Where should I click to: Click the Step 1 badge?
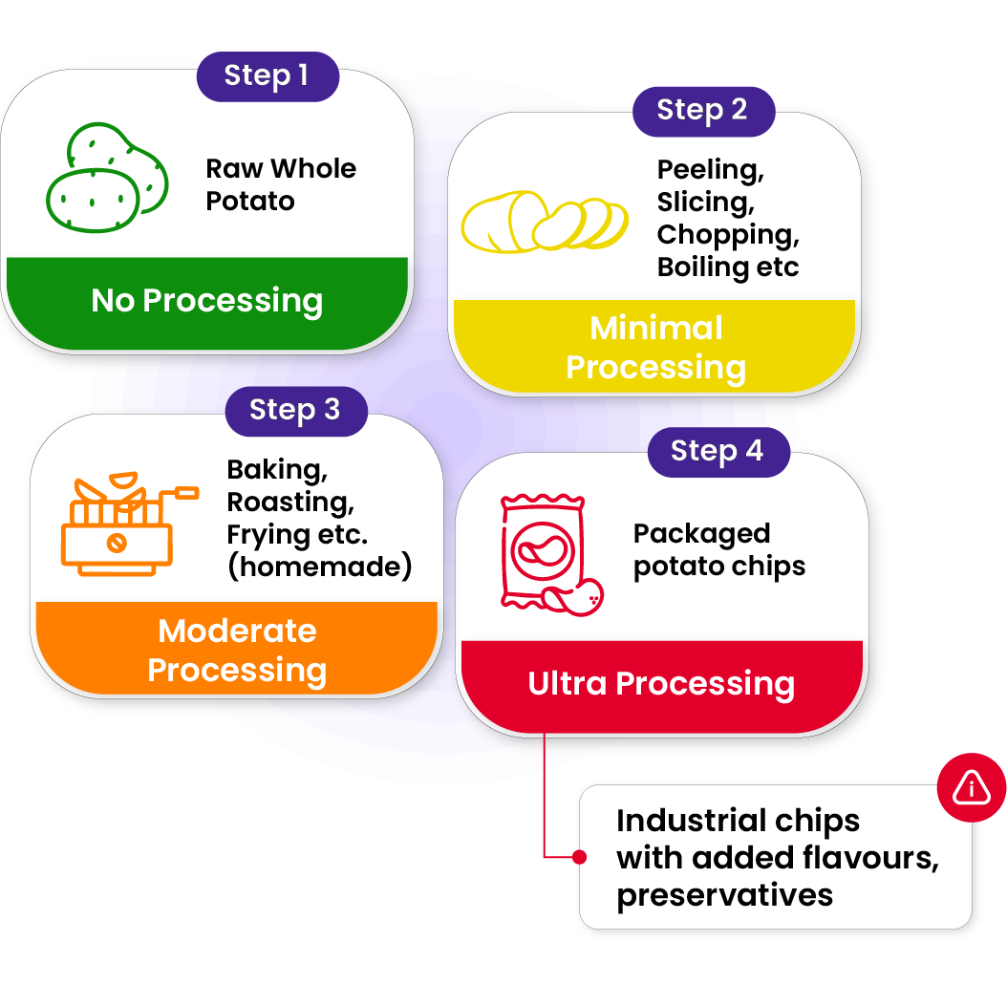click(x=267, y=76)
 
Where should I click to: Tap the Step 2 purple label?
click(x=702, y=111)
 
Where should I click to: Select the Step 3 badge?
click(x=295, y=411)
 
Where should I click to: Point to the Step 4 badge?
click(x=718, y=452)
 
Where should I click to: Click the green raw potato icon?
click(x=106, y=178)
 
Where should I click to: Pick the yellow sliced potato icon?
click(x=544, y=222)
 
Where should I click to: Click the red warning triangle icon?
click(x=972, y=787)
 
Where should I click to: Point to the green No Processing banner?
click(x=207, y=301)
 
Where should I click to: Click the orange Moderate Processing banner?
click(x=237, y=651)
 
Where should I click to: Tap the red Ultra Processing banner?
click(x=661, y=684)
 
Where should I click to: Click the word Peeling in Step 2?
click(x=710, y=170)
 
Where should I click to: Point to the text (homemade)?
click(x=319, y=567)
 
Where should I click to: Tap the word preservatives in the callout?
click(x=724, y=896)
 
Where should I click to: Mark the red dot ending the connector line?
click(x=579, y=857)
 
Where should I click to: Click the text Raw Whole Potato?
click(x=281, y=184)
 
